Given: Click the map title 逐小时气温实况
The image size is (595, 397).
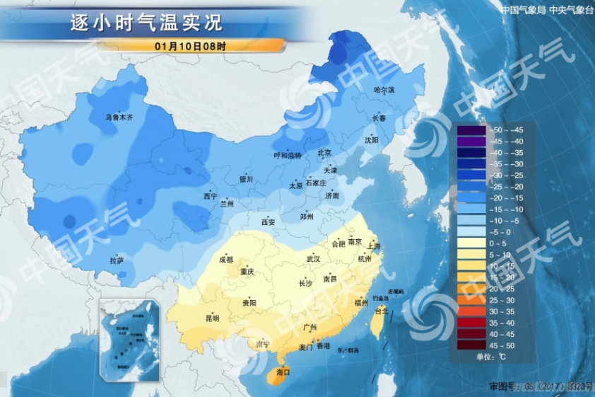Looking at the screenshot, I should coord(146,23).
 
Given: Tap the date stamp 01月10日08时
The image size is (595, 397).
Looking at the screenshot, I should coord(191,46).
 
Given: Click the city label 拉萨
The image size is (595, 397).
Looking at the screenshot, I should coord(117,260).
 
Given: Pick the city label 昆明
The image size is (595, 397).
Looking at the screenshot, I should coord(213,318).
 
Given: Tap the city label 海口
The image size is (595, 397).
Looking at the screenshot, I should coord(283,372).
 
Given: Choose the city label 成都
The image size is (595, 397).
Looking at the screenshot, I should coord(226,260).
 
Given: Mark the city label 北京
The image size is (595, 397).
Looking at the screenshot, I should coord(324,153).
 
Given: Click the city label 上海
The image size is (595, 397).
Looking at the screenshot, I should coord(374,246).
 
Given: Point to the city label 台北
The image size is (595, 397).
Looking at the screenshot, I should coord(381,311).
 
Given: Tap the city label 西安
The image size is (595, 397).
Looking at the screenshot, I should coord(269,222).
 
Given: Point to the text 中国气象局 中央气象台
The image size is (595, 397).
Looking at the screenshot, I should coord(544,9).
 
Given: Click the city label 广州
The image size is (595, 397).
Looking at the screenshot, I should coord(308,327).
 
